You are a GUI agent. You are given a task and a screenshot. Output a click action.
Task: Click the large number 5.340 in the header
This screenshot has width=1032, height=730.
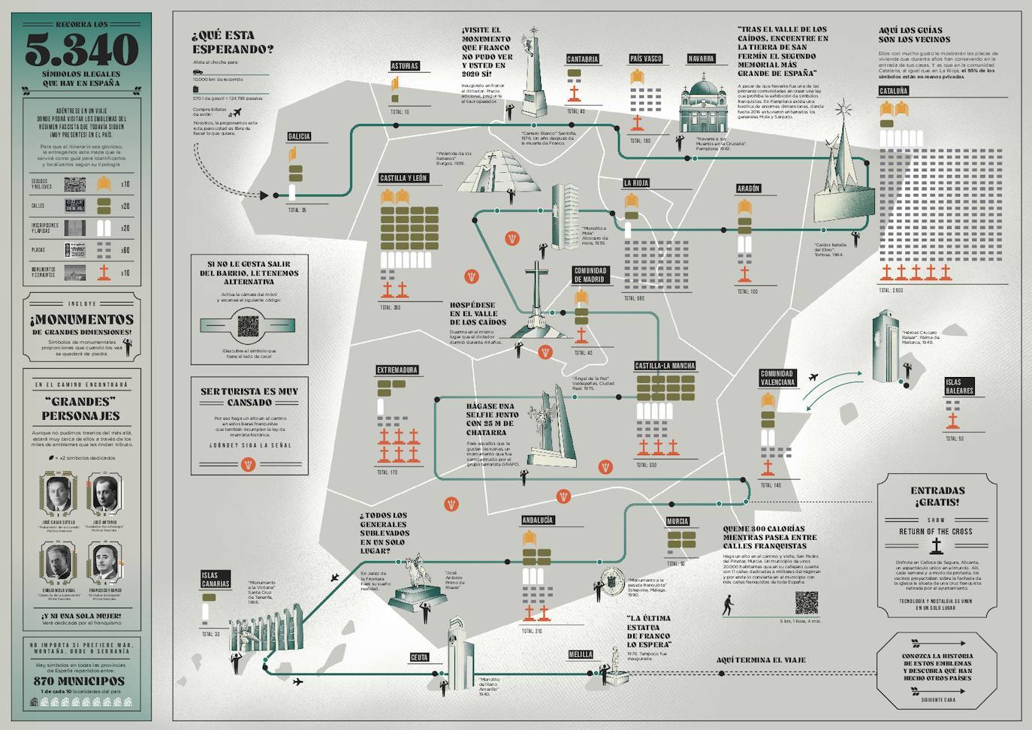point(82,50)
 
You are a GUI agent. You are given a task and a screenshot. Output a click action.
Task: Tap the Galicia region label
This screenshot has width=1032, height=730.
point(298,137)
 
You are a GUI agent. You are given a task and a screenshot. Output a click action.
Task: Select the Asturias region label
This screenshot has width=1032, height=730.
point(404,66)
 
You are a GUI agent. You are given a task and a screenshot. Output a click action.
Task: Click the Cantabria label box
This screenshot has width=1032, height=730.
point(582,59)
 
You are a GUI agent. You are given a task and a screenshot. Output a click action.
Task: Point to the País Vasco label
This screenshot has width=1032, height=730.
point(645,59)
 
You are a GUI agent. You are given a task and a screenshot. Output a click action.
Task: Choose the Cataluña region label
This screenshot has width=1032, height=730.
point(893,91)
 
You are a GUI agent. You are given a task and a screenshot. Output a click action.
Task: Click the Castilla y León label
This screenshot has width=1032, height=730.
point(403,179)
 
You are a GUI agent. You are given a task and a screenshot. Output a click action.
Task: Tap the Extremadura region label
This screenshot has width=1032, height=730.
point(397,370)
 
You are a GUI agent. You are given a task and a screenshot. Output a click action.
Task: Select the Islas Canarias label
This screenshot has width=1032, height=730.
point(215,580)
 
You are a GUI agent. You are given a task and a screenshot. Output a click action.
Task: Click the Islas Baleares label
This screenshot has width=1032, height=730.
point(958,387)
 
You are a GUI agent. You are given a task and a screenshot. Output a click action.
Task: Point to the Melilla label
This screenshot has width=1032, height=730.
point(580,654)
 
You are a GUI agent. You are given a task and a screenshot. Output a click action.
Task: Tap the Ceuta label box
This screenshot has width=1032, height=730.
point(419,657)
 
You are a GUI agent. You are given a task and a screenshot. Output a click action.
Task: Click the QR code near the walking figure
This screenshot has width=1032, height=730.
point(806,603)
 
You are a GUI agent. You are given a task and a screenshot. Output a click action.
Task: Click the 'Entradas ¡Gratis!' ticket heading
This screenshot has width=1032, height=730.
point(937,496)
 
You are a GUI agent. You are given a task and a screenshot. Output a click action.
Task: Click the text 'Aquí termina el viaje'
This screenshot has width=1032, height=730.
point(760,660)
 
